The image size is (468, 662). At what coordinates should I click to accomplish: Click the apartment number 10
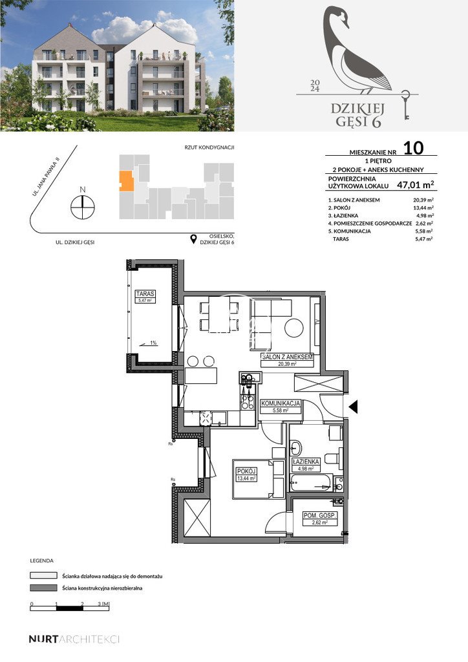point(414,147)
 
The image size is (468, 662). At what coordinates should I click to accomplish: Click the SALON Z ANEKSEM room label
point(288,357)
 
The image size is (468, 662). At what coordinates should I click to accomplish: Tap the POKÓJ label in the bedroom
point(246,471)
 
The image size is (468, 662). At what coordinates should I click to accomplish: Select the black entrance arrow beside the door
point(353,406)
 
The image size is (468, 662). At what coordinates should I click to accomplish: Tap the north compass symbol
point(83,206)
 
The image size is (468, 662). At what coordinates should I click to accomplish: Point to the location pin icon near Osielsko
point(193,240)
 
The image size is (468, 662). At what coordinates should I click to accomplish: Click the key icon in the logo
point(405,105)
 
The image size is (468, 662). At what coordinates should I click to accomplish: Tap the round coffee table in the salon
point(295,328)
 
